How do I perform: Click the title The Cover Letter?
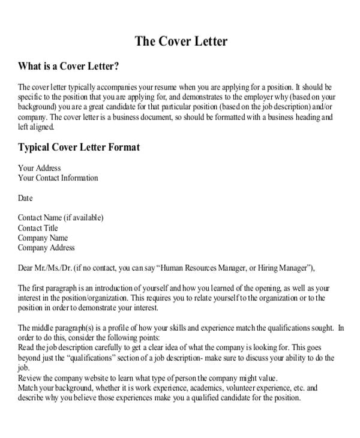point(181,41)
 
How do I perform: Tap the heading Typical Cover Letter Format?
point(79,147)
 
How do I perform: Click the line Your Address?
point(39,168)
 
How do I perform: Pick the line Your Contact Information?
point(58,178)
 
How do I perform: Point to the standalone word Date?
point(25,198)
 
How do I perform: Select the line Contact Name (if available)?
point(61,218)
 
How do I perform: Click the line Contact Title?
point(38,228)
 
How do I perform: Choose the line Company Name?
point(43,238)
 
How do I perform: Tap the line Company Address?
point(46,247)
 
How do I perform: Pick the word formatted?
point(220,117)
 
